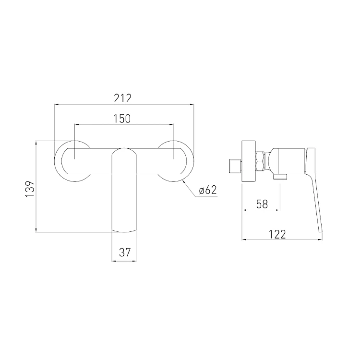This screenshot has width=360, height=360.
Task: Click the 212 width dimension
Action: tap(122, 98)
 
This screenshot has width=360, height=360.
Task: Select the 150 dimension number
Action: tap(122, 119)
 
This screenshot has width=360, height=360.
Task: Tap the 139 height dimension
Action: tap(30, 189)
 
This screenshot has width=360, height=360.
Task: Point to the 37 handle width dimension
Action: tap(125, 252)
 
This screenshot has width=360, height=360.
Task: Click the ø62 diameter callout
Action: tap(208, 190)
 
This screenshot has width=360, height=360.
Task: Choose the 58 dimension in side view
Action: tap(262, 204)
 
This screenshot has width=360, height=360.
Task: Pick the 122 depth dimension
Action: tap(277, 234)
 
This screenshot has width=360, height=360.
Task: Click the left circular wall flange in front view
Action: tap(59, 161)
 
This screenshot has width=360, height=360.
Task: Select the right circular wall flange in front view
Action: tap(190, 161)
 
